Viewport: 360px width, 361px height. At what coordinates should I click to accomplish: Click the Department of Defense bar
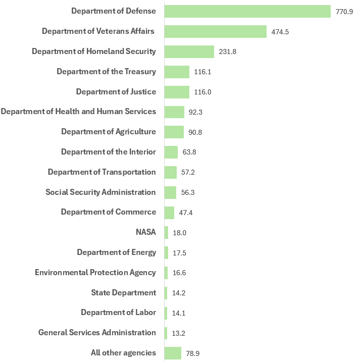coord(247,11)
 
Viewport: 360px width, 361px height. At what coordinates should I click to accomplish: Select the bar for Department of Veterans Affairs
coord(216,31)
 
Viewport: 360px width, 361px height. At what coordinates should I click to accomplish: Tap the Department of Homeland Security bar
coord(189,51)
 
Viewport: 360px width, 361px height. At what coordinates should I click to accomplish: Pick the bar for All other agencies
coord(173,353)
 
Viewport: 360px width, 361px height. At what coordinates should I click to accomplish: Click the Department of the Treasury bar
coord(177,72)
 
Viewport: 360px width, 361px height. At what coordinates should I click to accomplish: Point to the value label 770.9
coord(344,12)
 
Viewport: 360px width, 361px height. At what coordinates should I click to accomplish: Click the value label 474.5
coord(280,32)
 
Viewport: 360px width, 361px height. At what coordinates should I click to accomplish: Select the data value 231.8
coord(228,52)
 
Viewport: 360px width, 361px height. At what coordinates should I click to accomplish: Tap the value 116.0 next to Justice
coord(202,92)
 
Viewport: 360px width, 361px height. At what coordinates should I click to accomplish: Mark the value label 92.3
coord(195,112)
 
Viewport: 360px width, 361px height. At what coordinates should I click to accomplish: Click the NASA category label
coord(146,232)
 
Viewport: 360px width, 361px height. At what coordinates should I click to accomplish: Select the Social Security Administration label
coord(100,192)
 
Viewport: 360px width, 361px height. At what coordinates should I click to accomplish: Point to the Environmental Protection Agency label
coord(95,273)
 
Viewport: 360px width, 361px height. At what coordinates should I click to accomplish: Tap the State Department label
coord(124,292)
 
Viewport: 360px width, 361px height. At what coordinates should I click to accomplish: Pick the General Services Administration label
coord(97,333)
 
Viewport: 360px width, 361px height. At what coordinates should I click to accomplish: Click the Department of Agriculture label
coord(109,132)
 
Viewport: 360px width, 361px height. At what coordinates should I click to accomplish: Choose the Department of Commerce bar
coord(169,213)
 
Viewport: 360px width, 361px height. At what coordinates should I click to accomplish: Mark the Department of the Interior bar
coord(171,152)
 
